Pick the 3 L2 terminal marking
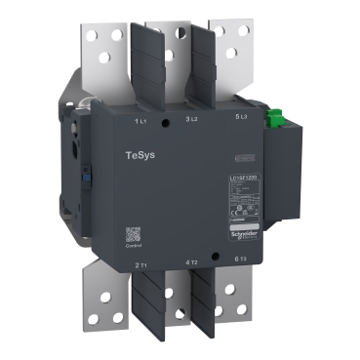[x=192, y=118]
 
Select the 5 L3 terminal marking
[x=244, y=118]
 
